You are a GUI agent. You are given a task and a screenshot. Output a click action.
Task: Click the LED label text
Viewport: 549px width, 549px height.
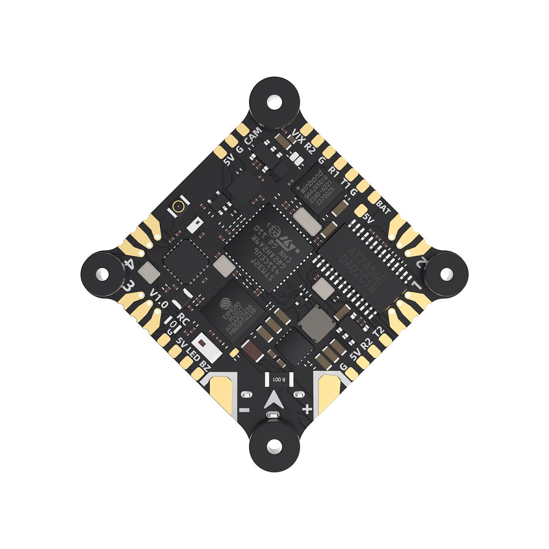[x=193, y=354]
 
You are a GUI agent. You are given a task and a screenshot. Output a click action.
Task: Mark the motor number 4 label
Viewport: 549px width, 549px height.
[x=128, y=264]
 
